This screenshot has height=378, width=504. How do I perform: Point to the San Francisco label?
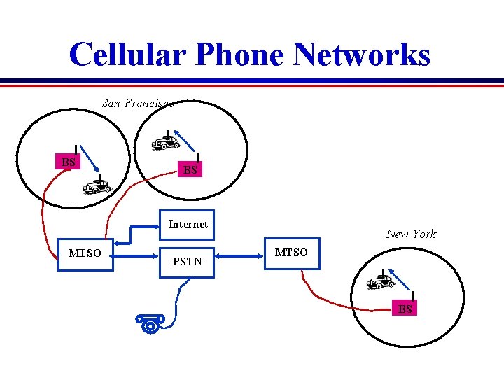click(x=137, y=104)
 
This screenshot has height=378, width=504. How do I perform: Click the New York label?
click(x=411, y=234)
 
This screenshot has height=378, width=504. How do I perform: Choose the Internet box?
click(x=188, y=224)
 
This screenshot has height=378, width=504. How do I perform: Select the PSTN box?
click(x=187, y=262)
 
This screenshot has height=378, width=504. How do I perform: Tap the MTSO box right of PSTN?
click(x=290, y=253)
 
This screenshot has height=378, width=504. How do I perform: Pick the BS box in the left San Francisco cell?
click(x=68, y=162)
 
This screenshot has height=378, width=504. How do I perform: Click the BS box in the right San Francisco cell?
click(x=190, y=170)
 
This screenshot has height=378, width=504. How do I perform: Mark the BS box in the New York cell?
click(x=405, y=309)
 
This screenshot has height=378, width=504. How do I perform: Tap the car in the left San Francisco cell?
click(x=97, y=186)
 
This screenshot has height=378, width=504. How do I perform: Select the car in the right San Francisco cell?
click(x=166, y=143)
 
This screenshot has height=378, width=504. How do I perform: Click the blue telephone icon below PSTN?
click(x=150, y=323)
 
